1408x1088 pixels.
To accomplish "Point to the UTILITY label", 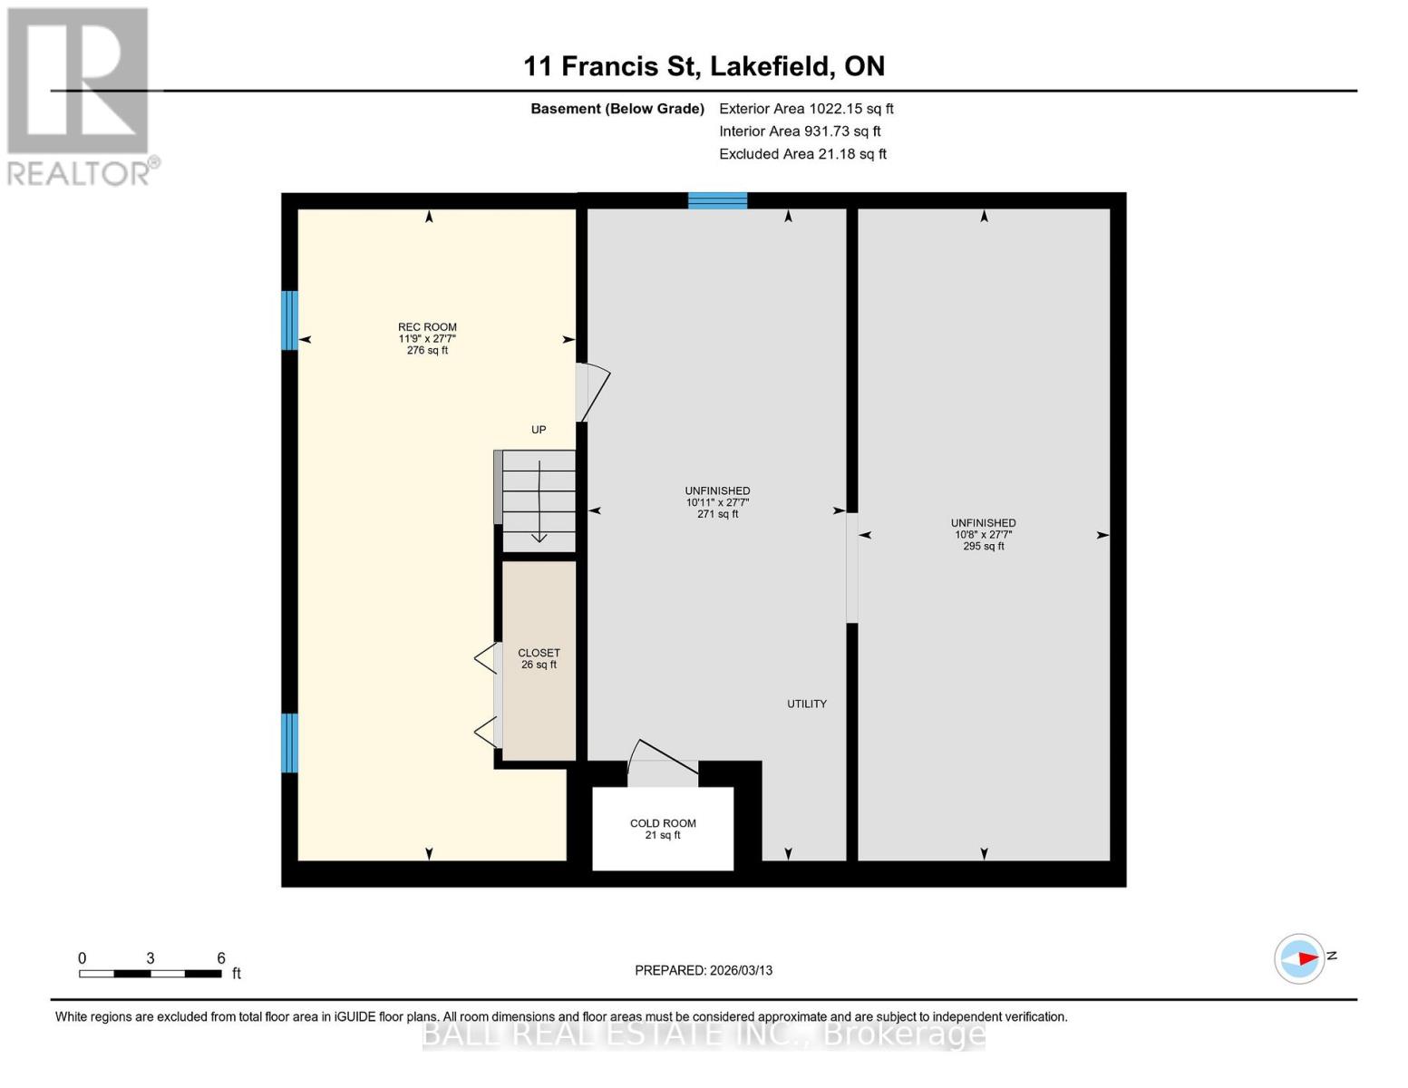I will (806, 704).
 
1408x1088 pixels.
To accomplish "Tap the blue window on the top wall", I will (717, 200).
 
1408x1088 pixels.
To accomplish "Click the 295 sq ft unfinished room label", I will (983, 534).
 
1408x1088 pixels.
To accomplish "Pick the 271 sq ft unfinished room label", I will (717, 502).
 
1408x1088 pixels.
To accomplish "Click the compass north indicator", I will (1300, 958).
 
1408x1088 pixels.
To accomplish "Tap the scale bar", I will (151, 974).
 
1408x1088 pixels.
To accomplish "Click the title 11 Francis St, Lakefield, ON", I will (704, 66).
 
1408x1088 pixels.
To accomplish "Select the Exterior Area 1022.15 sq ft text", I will (806, 109).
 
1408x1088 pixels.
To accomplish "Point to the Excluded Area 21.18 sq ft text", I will (802, 154).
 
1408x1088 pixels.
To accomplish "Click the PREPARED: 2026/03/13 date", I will (704, 970).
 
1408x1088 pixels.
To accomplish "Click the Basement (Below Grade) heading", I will (617, 109).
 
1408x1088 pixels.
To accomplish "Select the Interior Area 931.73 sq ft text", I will (800, 131).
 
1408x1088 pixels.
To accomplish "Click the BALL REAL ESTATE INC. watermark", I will (704, 1034).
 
